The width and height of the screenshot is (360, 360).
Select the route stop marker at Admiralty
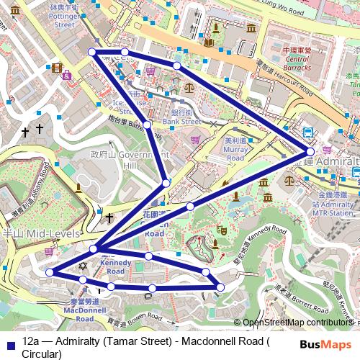tap(310, 152)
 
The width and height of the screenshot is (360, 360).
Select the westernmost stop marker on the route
tap(50, 272)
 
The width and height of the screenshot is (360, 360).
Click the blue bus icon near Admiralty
tap(308, 132)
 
